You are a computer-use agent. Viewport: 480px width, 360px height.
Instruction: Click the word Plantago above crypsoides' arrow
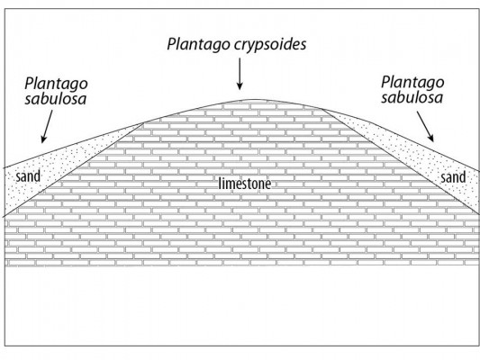(x=199, y=44)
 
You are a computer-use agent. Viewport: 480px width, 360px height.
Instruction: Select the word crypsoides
(x=270, y=45)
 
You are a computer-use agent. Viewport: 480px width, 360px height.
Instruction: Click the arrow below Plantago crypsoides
(x=240, y=74)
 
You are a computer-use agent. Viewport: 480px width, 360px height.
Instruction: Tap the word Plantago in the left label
(x=56, y=84)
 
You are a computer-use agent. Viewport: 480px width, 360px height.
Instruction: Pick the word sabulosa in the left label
(x=56, y=99)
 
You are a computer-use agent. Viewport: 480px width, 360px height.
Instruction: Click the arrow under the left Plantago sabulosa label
(x=47, y=127)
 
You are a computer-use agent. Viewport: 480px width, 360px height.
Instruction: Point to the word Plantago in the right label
(x=412, y=83)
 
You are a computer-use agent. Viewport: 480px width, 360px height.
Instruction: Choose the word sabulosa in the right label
(x=412, y=97)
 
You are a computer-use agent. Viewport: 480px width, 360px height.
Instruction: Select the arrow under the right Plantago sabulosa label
(x=425, y=126)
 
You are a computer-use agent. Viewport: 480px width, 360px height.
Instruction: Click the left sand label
(x=28, y=176)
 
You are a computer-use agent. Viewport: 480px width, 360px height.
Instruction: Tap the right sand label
(x=453, y=177)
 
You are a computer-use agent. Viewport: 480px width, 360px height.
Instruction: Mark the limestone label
(x=245, y=184)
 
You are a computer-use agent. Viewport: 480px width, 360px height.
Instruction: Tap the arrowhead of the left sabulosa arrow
(x=43, y=139)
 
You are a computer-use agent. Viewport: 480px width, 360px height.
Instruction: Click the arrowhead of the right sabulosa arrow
(x=431, y=138)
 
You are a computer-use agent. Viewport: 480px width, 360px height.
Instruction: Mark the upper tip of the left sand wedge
(x=144, y=123)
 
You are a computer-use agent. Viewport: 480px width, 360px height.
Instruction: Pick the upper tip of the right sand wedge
(x=322, y=109)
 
